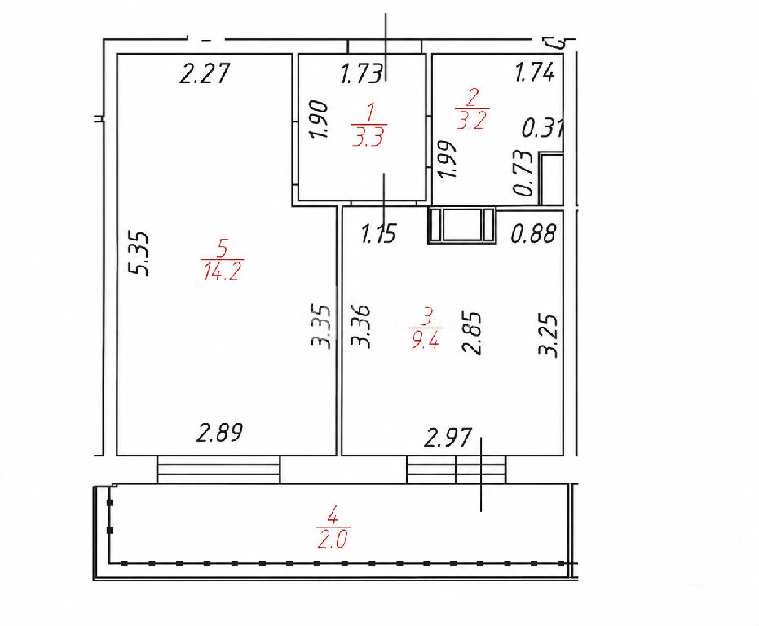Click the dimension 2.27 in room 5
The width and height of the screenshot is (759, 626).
[203, 74]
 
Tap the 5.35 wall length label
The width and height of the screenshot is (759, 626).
[141, 253]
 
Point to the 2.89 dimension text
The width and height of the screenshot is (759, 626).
[219, 433]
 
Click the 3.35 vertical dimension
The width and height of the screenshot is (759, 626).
[321, 326]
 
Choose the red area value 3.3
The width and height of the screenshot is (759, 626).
[368, 136]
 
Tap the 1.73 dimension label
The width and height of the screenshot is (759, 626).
[362, 74]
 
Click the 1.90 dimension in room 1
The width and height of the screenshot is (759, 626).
[320, 119]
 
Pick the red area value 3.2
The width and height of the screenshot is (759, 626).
[471, 119]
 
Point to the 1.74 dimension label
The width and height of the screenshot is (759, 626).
[535, 73]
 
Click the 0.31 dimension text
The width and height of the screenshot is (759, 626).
[542, 128]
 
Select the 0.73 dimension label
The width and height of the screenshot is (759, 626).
[523, 173]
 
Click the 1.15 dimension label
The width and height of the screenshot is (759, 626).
[379, 233]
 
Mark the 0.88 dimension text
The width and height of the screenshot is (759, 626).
[533, 233]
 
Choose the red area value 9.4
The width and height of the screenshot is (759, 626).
[426, 341]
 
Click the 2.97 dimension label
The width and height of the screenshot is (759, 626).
[448, 439]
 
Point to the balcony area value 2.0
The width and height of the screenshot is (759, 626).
[333, 538]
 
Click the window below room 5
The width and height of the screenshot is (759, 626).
[218, 469]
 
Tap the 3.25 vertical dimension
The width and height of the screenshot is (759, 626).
[549, 336]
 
